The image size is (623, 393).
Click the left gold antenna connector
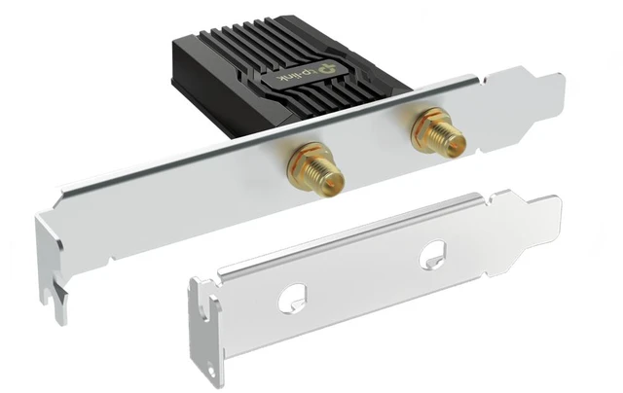(315, 168)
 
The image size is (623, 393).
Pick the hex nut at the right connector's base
(426, 124)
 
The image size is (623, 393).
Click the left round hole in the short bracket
(292, 298)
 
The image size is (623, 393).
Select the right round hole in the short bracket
(432, 255)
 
